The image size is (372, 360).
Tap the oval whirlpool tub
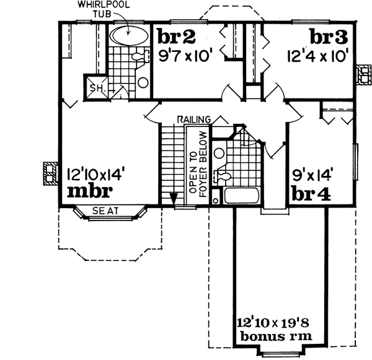coord(129,36)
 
